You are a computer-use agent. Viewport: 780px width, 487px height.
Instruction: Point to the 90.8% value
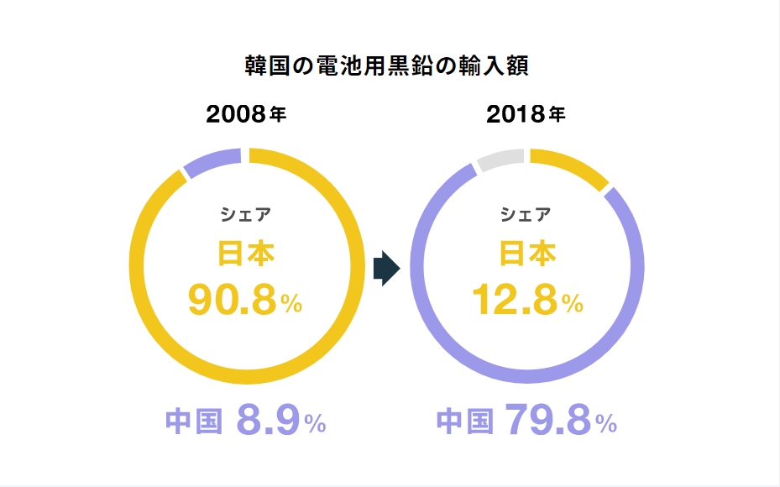tap(232, 300)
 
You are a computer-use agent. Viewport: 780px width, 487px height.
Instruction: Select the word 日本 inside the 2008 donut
tap(245, 253)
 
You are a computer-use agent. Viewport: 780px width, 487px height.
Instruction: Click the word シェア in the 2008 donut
tap(245, 214)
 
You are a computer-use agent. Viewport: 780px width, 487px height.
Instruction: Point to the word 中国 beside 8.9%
tap(194, 422)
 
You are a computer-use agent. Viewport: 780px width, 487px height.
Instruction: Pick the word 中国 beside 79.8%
tap(464, 422)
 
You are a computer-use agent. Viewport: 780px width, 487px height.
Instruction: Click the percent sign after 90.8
tap(291, 305)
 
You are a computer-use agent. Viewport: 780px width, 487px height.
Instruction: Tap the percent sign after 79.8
tap(606, 425)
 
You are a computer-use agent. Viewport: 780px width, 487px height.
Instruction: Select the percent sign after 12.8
tap(573, 305)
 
